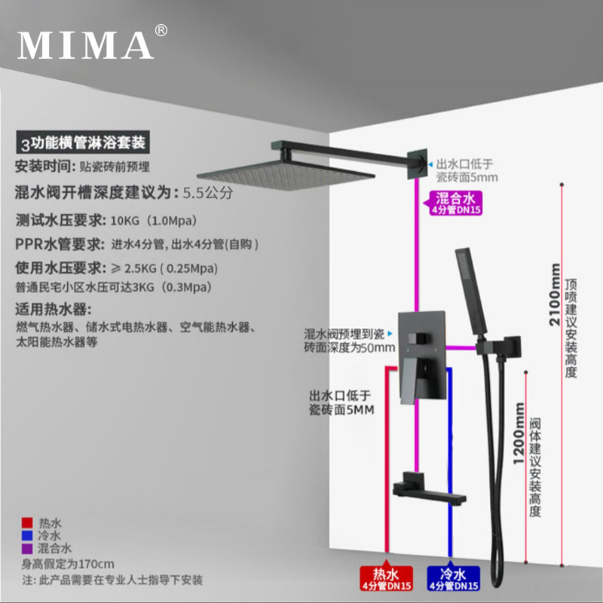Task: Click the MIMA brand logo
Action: (85, 45)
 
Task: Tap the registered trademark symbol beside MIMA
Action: (161, 30)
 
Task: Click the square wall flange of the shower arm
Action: (418, 164)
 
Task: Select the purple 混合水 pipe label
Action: (455, 204)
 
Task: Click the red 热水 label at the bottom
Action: (386, 578)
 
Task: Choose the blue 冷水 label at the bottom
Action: (454, 578)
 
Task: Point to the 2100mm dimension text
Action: (555, 295)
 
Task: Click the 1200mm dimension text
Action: (519, 433)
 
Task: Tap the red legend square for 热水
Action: (27, 522)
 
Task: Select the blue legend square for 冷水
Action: (27, 535)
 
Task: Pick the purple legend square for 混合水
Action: (27, 549)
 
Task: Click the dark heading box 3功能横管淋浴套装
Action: (83, 142)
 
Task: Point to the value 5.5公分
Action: (208, 193)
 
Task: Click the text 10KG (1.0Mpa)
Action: (154, 221)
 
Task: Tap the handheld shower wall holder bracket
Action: (499, 346)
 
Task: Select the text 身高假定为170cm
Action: (68, 564)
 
